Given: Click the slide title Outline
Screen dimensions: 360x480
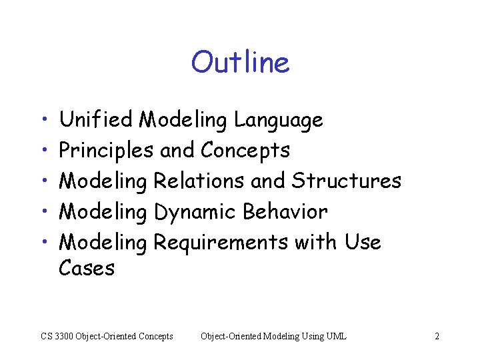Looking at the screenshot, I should point(240,63).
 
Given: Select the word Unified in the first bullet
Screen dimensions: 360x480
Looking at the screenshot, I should point(97,120).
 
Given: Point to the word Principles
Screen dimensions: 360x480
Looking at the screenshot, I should point(106,151).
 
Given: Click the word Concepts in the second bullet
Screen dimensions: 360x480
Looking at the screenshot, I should point(245,151).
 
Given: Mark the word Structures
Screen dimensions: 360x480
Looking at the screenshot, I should point(347,181).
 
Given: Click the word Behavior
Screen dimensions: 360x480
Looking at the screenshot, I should point(285,212).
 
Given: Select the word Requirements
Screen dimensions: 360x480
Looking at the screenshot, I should point(221,243).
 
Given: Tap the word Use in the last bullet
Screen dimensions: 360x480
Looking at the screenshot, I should point(363,242).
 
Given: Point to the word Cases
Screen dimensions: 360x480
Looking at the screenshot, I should point(87,269).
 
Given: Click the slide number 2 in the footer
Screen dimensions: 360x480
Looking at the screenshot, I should point(437,337).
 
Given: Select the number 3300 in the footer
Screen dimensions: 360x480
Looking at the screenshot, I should point(65,337).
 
